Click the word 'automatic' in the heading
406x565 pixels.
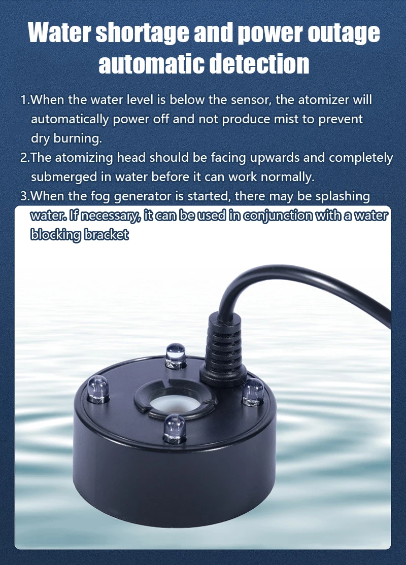pyautogui.click(x=152, y=64)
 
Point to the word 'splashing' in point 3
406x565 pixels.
pyautogui.click(x=343, y=196)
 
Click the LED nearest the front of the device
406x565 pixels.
pyautogui.click(x=175, y=429)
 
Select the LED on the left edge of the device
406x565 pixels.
pyautogui.click(x=98, y=390)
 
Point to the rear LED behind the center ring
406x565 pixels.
pyautogui.click(x=176, y=356)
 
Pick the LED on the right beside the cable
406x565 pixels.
pyautogui.click(x=253, y=393)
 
